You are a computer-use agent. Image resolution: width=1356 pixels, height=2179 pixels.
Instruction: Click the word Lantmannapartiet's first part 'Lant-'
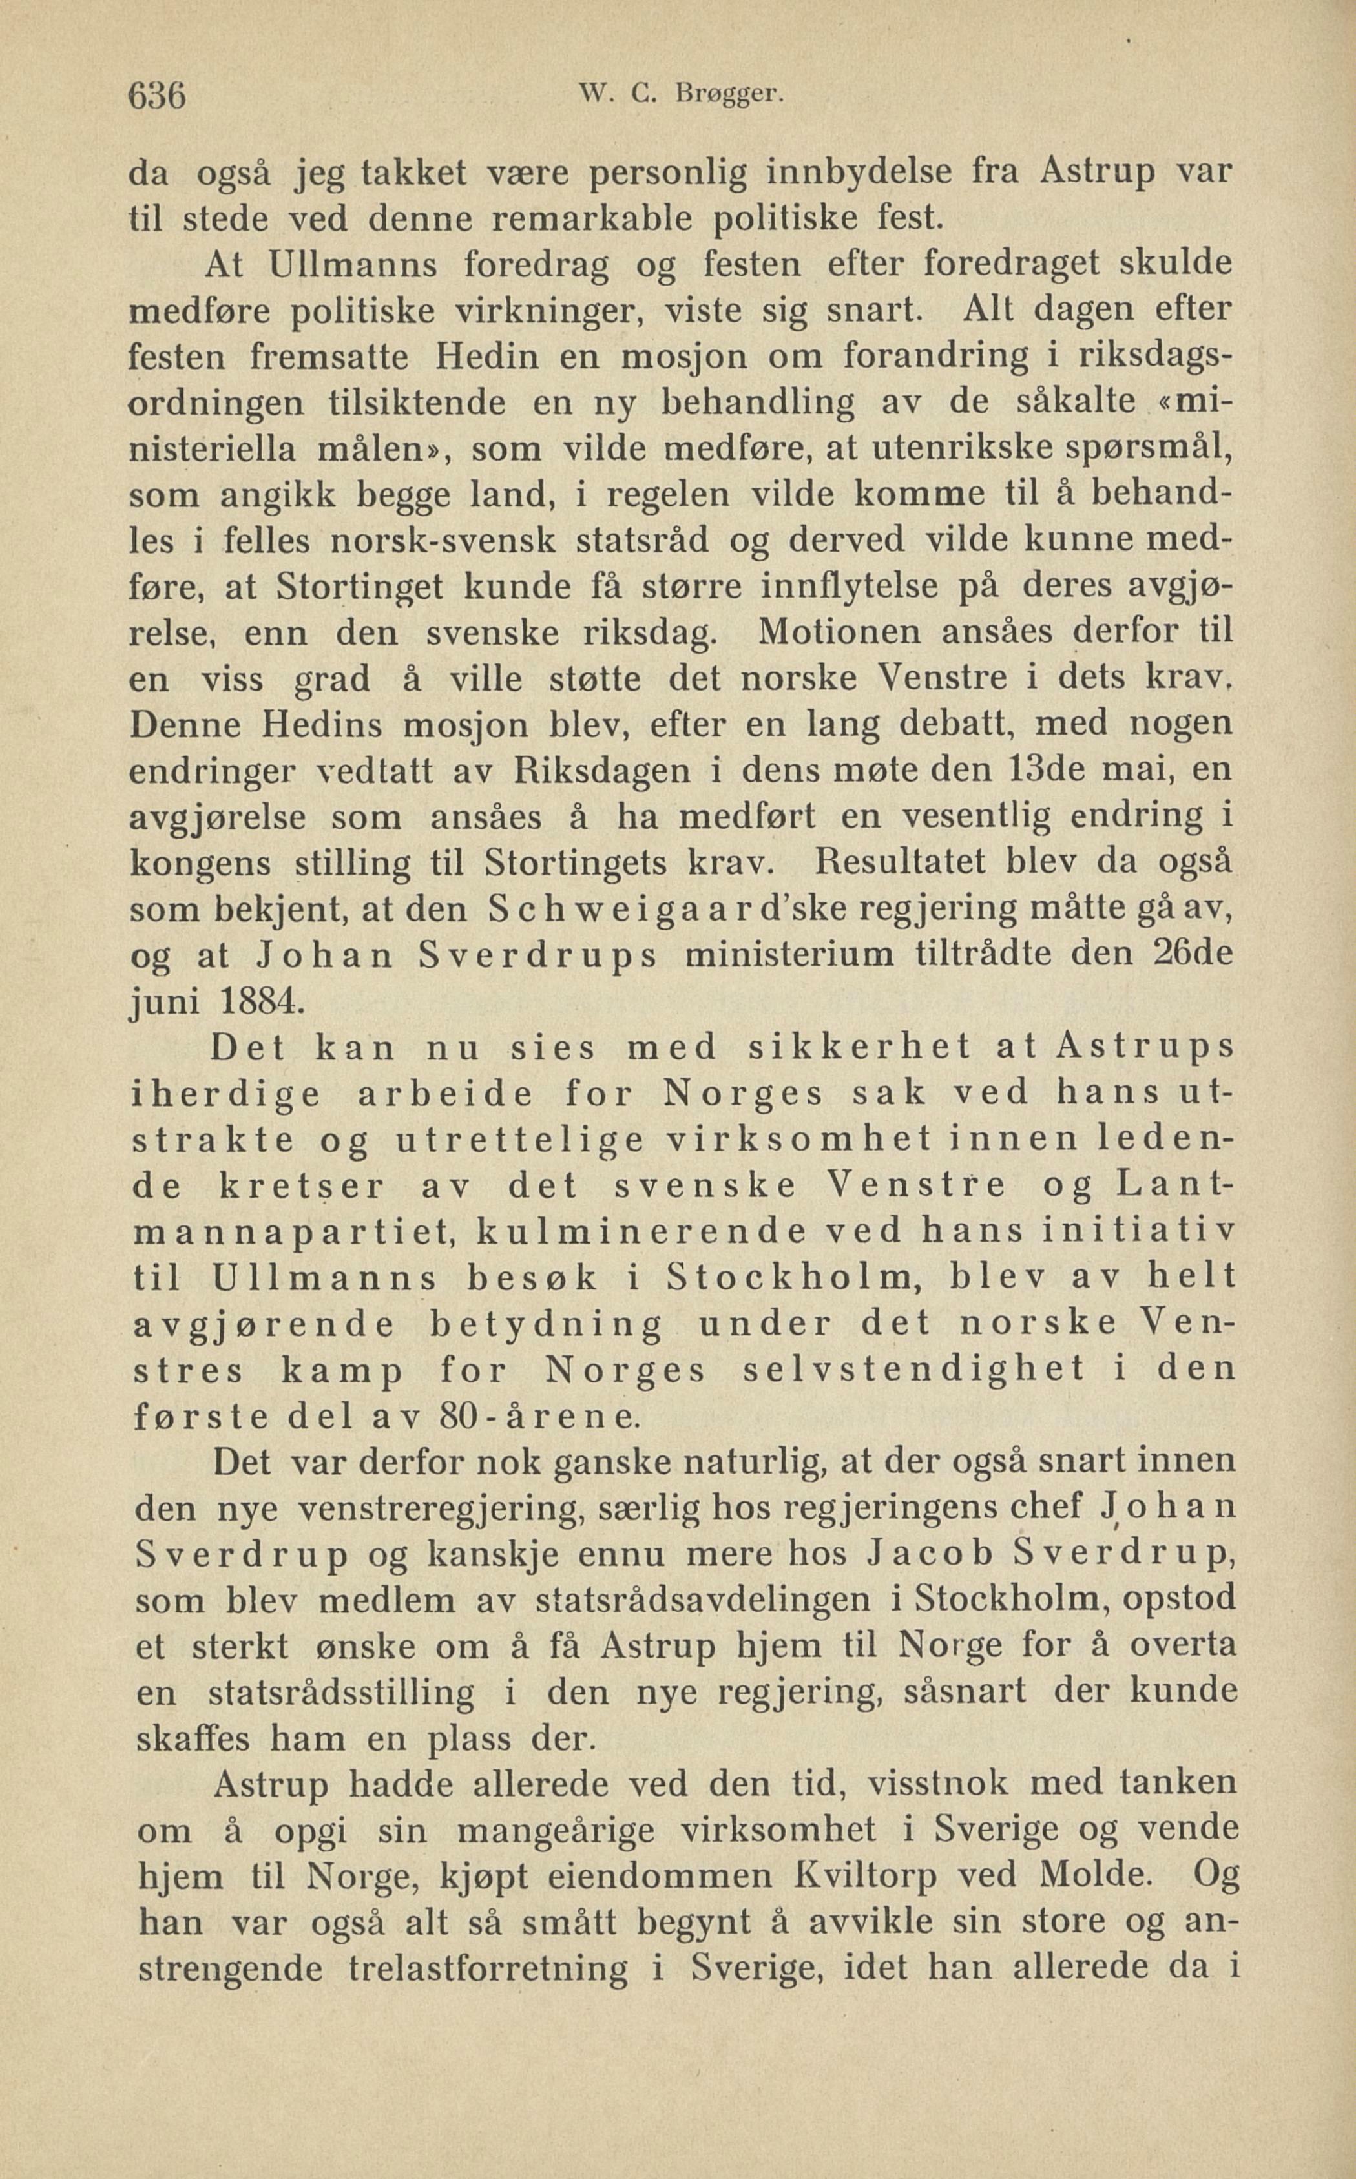click(x=1175, y=1185)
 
